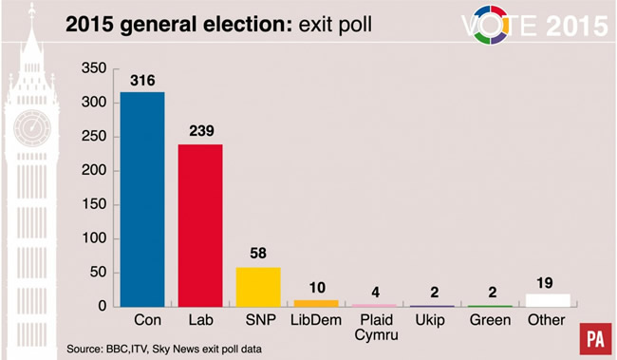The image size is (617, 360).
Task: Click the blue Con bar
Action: pyautogui.click(x=141, y=199)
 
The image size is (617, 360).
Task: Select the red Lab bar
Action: pyautogui.click(x=200, y=225)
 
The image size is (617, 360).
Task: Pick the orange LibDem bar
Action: pyautogui.click(x=317, y=303)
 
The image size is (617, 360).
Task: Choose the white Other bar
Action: pyautogui.click(x=549, y=300)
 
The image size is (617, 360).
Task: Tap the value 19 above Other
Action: pyautogui.click(x=549, y=283)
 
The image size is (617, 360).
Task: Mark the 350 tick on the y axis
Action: pyautogui.click(x=93, y=68)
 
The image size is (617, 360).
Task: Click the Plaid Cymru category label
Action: pyautogui.click(x=374, y=328)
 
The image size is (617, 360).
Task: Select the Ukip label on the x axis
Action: pyautogui.click(x=432, y=321)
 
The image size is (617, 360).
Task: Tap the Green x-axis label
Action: pyautogui.click(x=490, y=321)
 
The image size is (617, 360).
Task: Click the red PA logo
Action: pyautogui.click(x=595, y=338)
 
